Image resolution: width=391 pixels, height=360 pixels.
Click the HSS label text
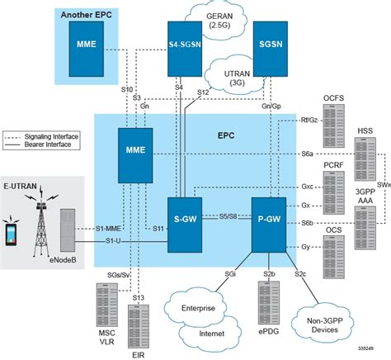pos(362,131)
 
